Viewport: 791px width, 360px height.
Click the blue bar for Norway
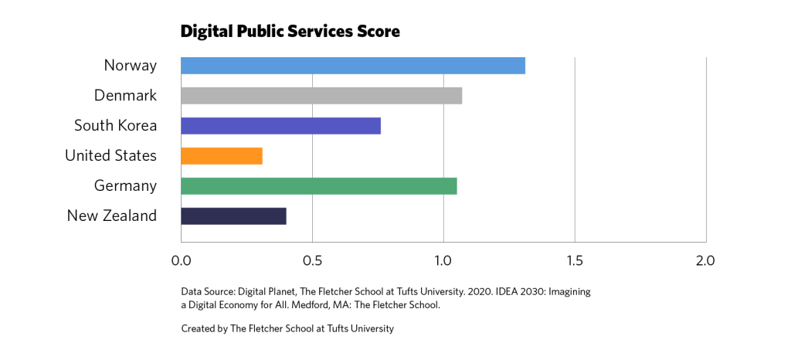coord(352,66)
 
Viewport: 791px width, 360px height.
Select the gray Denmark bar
coord(321,96)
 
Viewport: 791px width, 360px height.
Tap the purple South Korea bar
coord(280,126)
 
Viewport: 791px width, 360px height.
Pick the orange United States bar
coord(221,156)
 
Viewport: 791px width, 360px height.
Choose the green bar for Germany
coord(318,186)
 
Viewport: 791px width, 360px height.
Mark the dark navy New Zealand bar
coord(233,216)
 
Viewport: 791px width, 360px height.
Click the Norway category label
coord(130,66)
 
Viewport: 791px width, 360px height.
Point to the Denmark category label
coord(125,96)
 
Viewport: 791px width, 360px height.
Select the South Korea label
coord(115,126)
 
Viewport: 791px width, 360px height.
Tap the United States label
coord(110,156)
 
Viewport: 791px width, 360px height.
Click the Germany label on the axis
coord(125,186)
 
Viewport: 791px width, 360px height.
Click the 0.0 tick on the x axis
coord(181,260)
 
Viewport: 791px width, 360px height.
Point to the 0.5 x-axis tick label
coord(312,260)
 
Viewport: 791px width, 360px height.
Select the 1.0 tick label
coord(443,260)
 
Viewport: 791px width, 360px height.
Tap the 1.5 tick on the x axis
coord(574,260)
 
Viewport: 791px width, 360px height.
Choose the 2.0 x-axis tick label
coord(705,260)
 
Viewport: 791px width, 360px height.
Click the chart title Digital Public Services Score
coord(290,32)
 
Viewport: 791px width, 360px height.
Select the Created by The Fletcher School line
coord(287,328)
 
